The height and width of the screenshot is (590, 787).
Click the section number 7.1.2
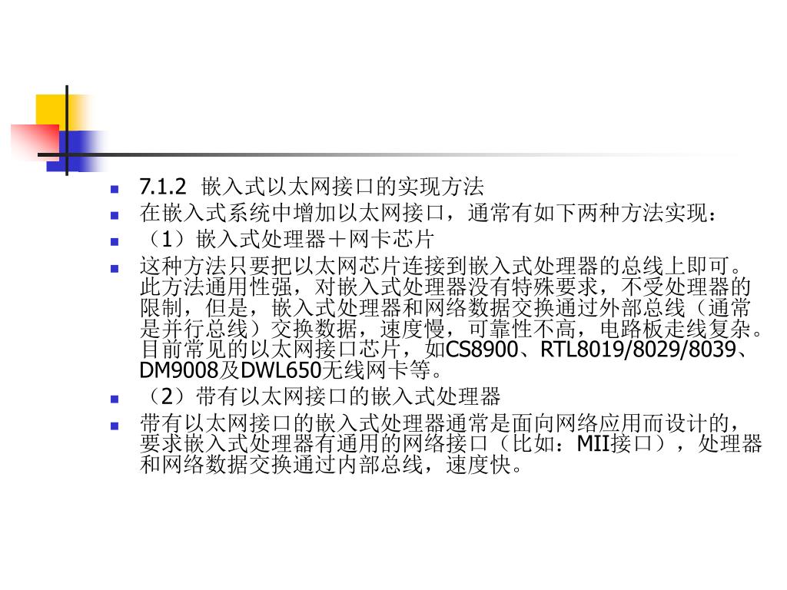163,187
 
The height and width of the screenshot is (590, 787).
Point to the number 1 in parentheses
163,238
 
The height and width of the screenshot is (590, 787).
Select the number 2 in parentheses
163,397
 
